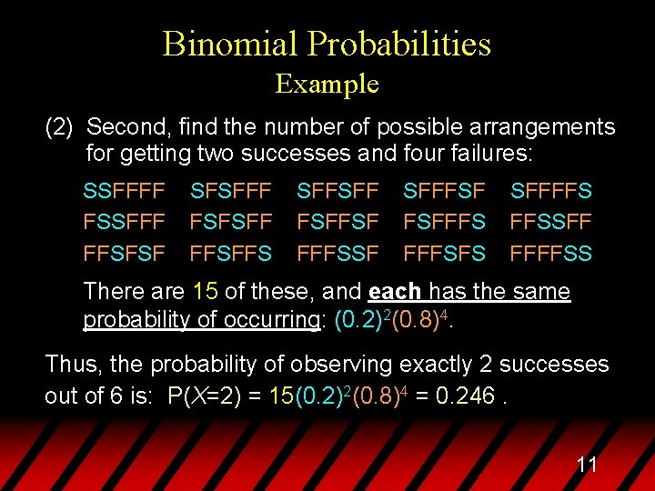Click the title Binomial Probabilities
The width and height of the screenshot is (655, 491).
(327, 44)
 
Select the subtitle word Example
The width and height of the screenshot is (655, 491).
(327, 85)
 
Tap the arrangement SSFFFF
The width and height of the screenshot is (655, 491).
(124, 192)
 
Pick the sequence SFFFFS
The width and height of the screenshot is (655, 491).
(551, 192)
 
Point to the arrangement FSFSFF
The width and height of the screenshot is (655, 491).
(231, 223)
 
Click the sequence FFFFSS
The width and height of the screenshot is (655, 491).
(551, 254)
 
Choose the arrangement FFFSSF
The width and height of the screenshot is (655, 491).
(338, 254)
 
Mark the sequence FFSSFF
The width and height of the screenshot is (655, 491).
(551, 223)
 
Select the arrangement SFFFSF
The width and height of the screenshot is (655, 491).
(445, 192)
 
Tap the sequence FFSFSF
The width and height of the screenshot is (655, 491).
(124, 254)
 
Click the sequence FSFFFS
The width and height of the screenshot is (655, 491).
(445, 223)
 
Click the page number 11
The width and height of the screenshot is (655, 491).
(587, 466)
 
